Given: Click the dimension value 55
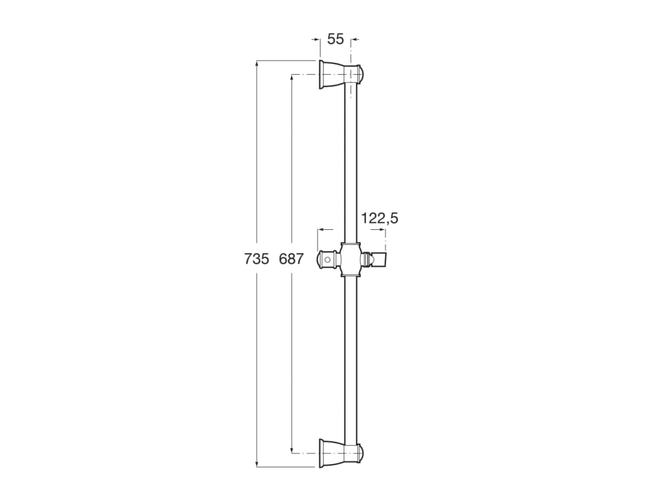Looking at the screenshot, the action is point(336,39).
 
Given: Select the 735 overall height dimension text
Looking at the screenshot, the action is point(256,258).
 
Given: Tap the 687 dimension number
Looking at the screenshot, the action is point(292,258).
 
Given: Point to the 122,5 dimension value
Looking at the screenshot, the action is point(379,218).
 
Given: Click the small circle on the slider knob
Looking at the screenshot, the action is point(328,260).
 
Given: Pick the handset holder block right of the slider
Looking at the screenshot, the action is point(379,260).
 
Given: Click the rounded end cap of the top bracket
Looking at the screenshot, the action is point(361,75).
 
